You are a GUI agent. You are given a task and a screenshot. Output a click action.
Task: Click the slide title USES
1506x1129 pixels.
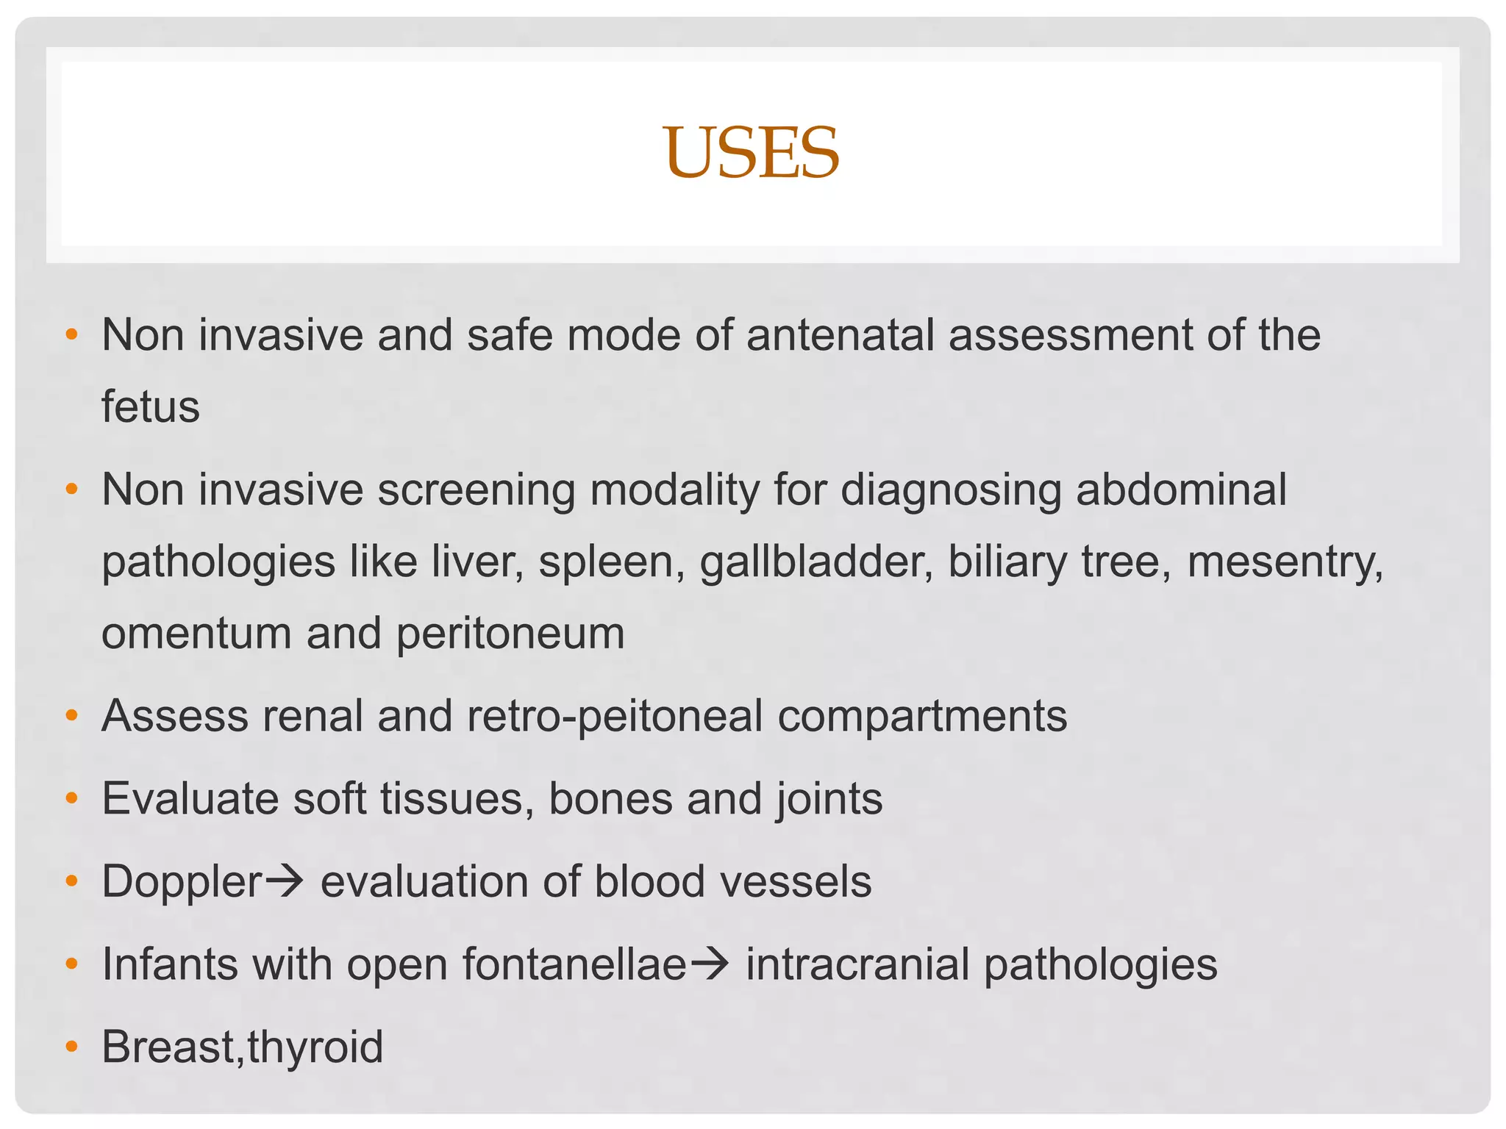[751, 153]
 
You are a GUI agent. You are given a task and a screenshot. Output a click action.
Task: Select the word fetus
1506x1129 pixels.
[150, 406]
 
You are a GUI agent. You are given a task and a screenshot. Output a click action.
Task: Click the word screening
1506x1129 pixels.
[477, 490]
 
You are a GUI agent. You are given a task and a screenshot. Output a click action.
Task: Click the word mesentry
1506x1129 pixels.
[1285, 562]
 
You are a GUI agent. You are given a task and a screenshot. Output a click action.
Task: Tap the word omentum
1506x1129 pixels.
[196, 634]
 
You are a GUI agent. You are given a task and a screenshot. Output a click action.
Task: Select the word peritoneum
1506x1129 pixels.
[510, 634]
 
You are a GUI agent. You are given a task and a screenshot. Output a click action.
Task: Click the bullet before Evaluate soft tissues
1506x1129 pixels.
[71, 798]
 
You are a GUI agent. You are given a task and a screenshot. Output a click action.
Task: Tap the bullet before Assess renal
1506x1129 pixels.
[71, 715]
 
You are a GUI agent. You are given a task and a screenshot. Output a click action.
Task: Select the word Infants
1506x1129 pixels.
[170, 964]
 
